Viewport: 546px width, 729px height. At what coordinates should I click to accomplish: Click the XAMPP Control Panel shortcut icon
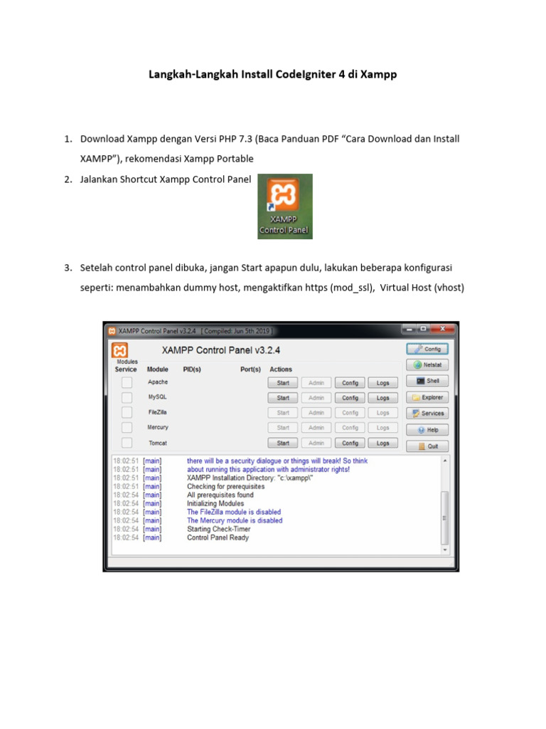(284, 206)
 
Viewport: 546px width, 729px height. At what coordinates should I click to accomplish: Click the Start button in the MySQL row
(283, 398)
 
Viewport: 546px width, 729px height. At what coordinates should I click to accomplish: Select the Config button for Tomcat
(350, 443)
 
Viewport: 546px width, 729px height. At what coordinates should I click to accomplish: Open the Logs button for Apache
(382, 383)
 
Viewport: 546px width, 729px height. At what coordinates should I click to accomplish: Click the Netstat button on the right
(427, 364)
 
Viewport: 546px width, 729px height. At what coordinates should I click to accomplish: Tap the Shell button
(427, 381)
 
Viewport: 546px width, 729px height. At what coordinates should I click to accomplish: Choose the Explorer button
(427, 397)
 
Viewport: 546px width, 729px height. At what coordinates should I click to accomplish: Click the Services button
(427, 414)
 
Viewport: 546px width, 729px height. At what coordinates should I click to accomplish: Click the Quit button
(427, 446)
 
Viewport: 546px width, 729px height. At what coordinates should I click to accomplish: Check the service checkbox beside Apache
(127, 382)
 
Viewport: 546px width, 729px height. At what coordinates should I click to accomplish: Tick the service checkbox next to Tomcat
(127, 443)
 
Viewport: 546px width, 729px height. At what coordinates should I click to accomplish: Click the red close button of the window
(444, 329)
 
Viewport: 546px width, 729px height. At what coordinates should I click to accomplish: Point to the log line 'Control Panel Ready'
(218, 538)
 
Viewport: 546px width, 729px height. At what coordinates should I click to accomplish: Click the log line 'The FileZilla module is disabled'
(233, 512)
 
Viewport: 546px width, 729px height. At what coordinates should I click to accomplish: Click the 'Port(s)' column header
(250, 369)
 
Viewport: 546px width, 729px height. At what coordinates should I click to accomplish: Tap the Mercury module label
(158, 427)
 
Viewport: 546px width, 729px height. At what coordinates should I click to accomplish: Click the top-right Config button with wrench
(427, 349)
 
